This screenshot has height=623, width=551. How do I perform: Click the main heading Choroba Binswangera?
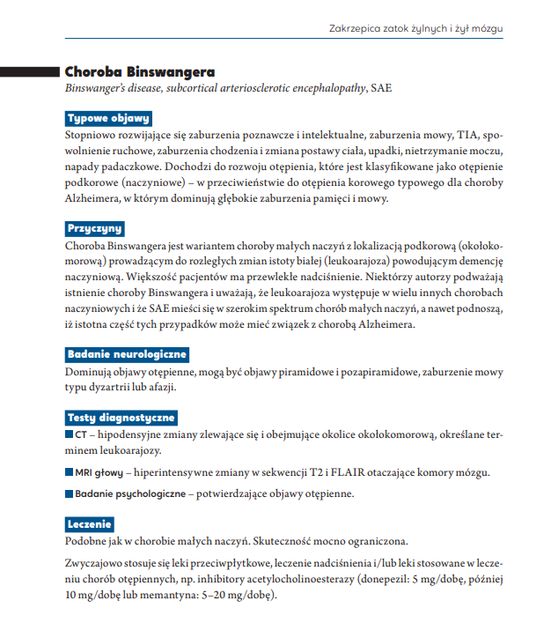tap(140, 70)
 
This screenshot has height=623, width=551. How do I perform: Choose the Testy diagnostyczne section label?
tap(121, 417)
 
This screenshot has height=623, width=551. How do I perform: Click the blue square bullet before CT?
tap(70, 434)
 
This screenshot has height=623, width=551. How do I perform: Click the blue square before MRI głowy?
tap(70, 471)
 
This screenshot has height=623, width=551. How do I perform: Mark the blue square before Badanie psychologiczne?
tap(70, 493)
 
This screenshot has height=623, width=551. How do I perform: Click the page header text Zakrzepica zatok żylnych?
tap(415, 28)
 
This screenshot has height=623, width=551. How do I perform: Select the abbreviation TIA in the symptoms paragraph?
tap(465, 136)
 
